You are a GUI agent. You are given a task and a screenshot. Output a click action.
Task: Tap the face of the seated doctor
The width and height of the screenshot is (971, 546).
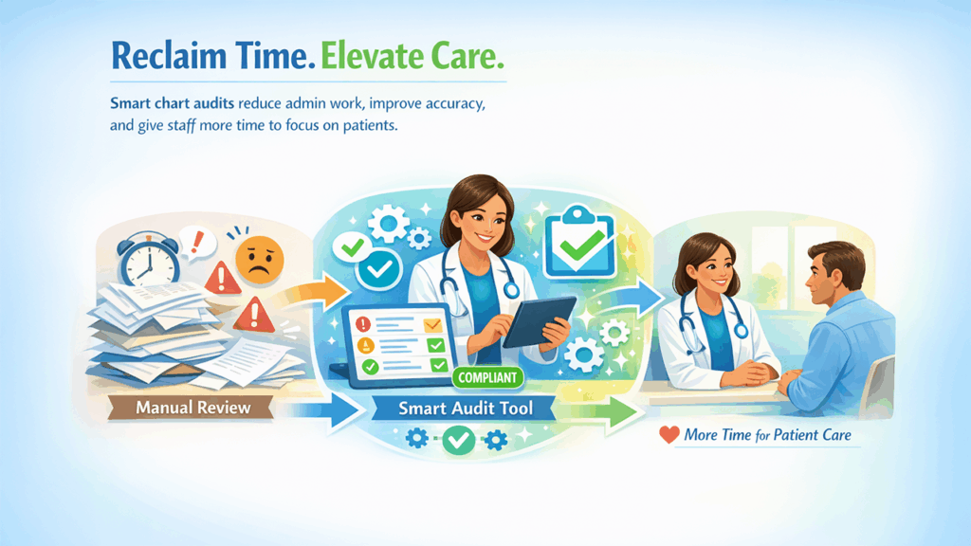tap(706, 269)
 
